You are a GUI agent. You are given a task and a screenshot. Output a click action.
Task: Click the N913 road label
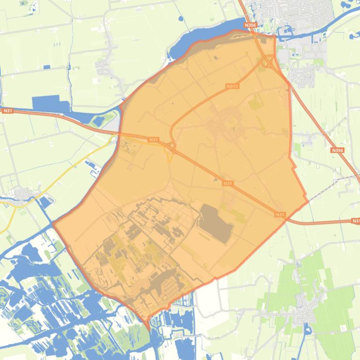click(232, 86)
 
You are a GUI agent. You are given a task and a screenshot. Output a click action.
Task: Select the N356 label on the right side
click(337, 151)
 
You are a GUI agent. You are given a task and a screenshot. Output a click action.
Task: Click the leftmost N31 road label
click(7, 111)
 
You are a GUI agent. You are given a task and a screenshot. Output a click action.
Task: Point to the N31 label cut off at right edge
click(355, 221)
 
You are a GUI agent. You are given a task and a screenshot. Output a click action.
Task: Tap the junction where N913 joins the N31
click(172, 147)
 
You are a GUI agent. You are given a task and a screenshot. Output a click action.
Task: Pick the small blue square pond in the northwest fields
click(47, 67)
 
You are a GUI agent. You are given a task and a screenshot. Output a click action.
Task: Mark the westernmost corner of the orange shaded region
click(53, 223)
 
